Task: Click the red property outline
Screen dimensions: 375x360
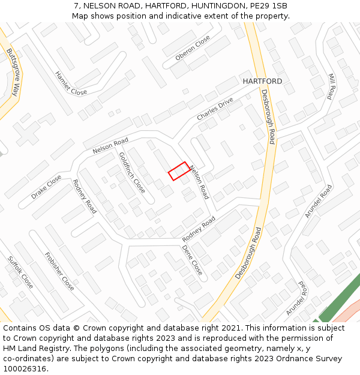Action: click(179, 171)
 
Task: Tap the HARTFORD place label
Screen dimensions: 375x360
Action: click(262, 81)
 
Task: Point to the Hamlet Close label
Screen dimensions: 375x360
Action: click(71, 83)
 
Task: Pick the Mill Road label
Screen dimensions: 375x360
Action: click(331, 86)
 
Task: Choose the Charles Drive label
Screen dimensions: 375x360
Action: click(215, 109)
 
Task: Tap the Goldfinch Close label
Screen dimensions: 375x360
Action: click(131, 172)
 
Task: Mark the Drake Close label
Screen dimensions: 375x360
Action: click(46, 187)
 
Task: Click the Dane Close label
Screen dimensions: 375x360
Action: click(192, 260)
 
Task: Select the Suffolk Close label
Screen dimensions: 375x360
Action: click(20, 272)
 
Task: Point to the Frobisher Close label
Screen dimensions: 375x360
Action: click(59, 271)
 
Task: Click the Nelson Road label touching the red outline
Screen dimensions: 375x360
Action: click(199, 182)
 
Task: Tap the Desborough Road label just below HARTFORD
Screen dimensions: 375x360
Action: click(268, 117)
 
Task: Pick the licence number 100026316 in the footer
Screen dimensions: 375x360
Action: click(25, 368)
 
